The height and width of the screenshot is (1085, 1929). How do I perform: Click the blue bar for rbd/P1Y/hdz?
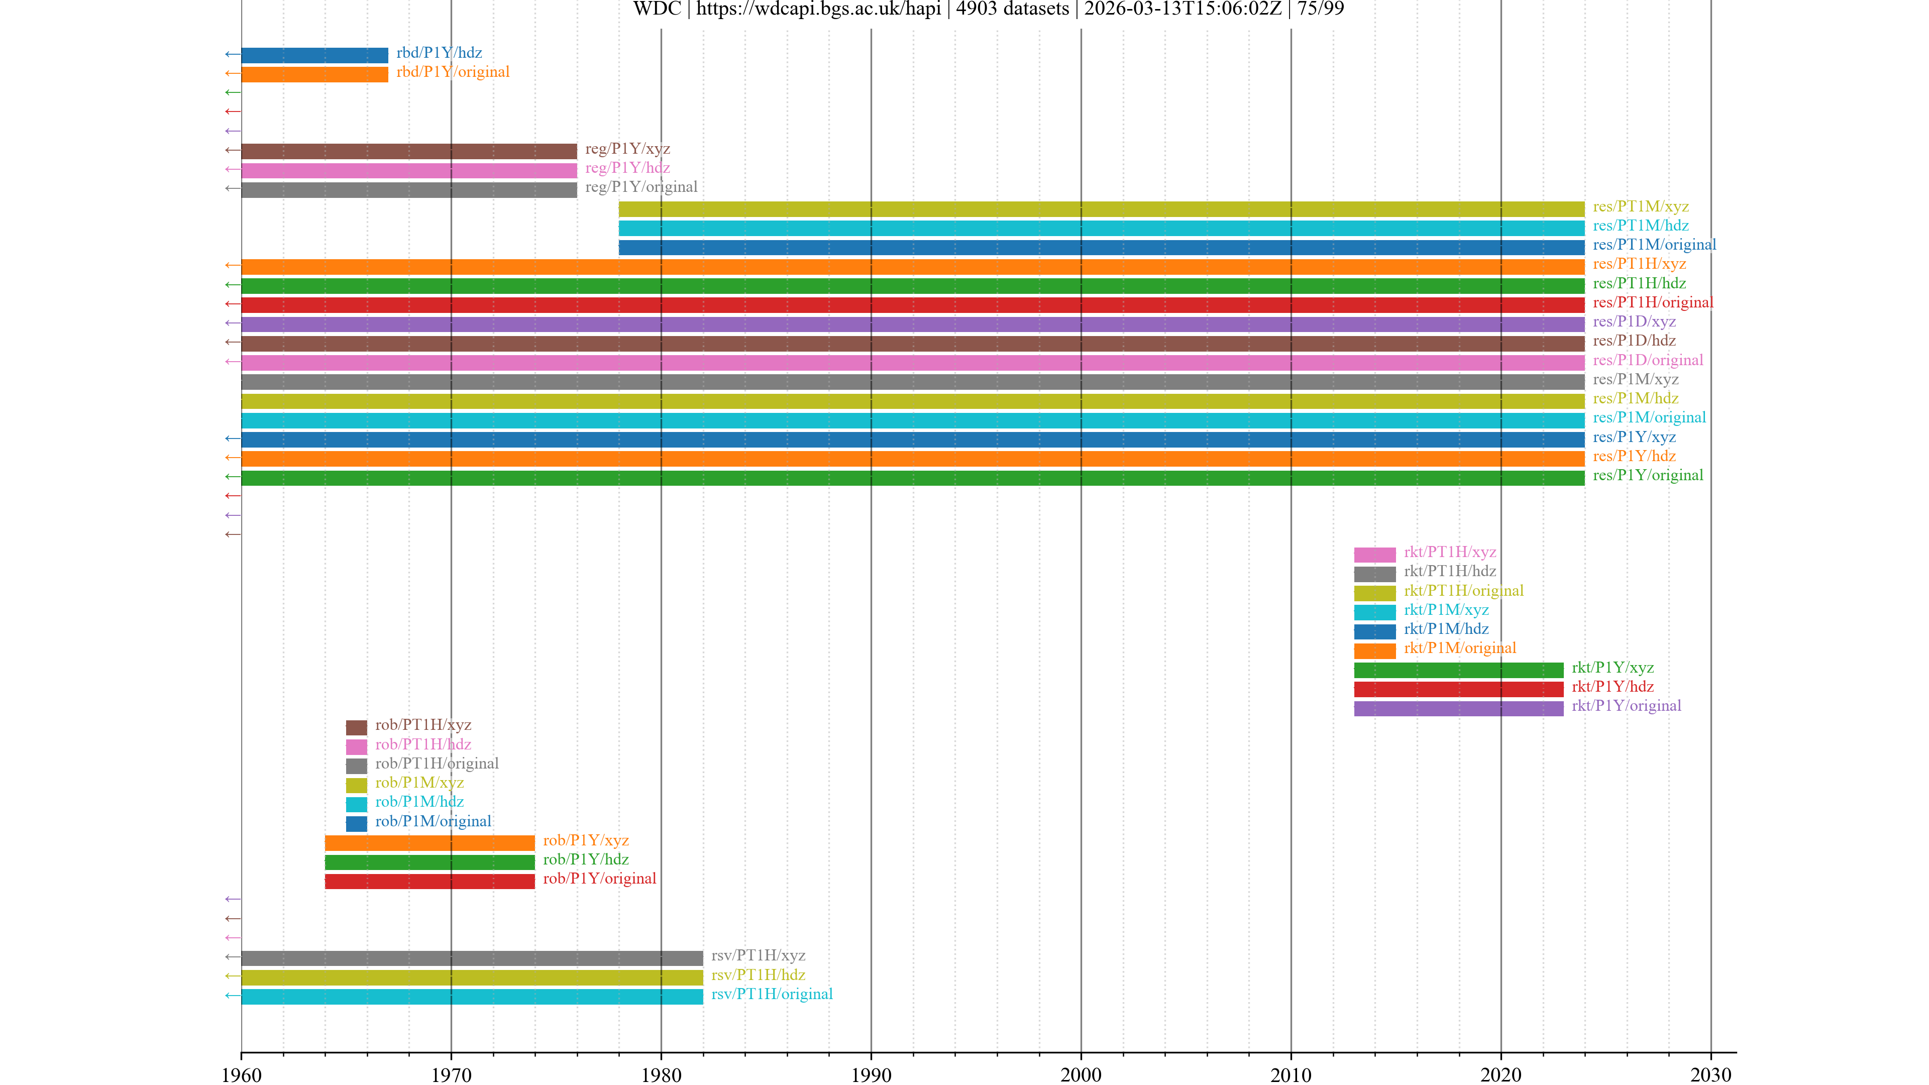[x=314, y=55]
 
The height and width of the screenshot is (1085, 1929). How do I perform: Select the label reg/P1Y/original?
[x=641, y=187]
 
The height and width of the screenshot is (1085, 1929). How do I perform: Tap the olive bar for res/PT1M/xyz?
[x=1101, y=209]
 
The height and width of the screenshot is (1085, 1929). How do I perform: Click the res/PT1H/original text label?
[x=1653, y=302]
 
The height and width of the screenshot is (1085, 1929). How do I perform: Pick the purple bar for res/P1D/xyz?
[x=912, y=323]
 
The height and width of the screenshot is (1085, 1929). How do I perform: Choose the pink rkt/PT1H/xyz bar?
[x=1374, y=554]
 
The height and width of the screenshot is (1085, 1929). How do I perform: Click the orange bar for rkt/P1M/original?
[x=1374, y=650]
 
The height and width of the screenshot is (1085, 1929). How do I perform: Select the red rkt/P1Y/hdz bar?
[x=1458, y=689]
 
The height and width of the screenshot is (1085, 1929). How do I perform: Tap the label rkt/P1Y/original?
[x=1626, y=706]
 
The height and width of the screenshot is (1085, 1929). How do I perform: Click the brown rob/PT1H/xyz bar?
[x=356, y=727]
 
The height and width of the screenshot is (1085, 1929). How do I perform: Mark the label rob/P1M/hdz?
[x=419, y=802]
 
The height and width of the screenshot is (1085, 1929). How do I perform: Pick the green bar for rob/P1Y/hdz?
[x=429, y=862]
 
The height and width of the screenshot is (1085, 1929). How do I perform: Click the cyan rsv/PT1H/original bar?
[x=472, y=996]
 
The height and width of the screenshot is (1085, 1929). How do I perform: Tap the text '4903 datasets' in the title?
[x=1012, y=9]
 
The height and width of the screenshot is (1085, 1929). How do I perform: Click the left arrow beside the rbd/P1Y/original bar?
[x=232, y=73]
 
